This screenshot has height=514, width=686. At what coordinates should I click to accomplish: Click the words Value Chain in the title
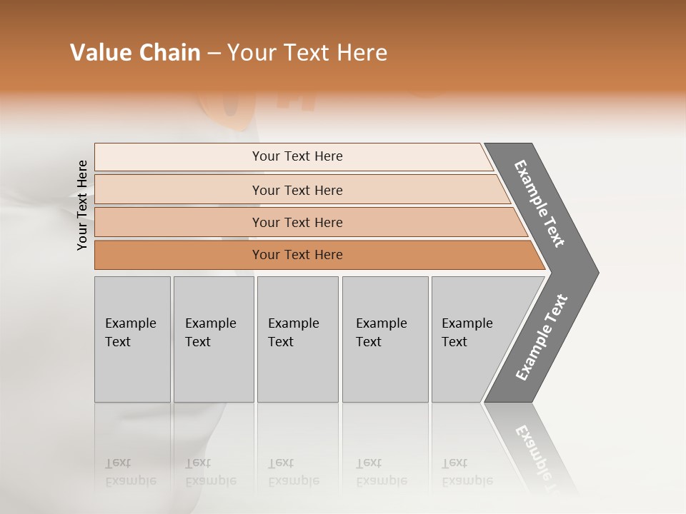pos(135,53)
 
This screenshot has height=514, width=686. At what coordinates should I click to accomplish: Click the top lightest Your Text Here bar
pos(297,156)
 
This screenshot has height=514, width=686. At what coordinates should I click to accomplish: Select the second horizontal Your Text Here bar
pos(297,190)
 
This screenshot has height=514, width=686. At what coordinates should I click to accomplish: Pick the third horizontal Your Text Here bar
pos(297,222)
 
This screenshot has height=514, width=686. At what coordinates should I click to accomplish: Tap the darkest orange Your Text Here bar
pos(297,255)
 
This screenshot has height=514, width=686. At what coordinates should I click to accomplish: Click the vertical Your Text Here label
pos(82,205)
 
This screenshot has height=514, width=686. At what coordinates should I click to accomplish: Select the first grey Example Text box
pos(132,339)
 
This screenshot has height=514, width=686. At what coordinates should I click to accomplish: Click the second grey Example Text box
pos(214,339)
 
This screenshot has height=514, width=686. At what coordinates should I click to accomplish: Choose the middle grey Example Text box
pos(297,339)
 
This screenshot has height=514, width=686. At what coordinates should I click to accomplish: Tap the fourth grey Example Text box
pos(385,339)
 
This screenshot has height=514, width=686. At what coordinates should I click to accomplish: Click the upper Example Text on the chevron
pos(540,203)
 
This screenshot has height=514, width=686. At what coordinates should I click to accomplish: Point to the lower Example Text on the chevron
pos(542,338)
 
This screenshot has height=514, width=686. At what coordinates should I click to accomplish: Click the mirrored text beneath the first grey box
pos(130,472)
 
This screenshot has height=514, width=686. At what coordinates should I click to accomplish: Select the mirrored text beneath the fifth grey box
pos(467,472)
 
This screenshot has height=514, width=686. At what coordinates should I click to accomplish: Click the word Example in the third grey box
pos(293,323)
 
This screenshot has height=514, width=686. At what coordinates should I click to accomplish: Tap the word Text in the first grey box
pos(118,342)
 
